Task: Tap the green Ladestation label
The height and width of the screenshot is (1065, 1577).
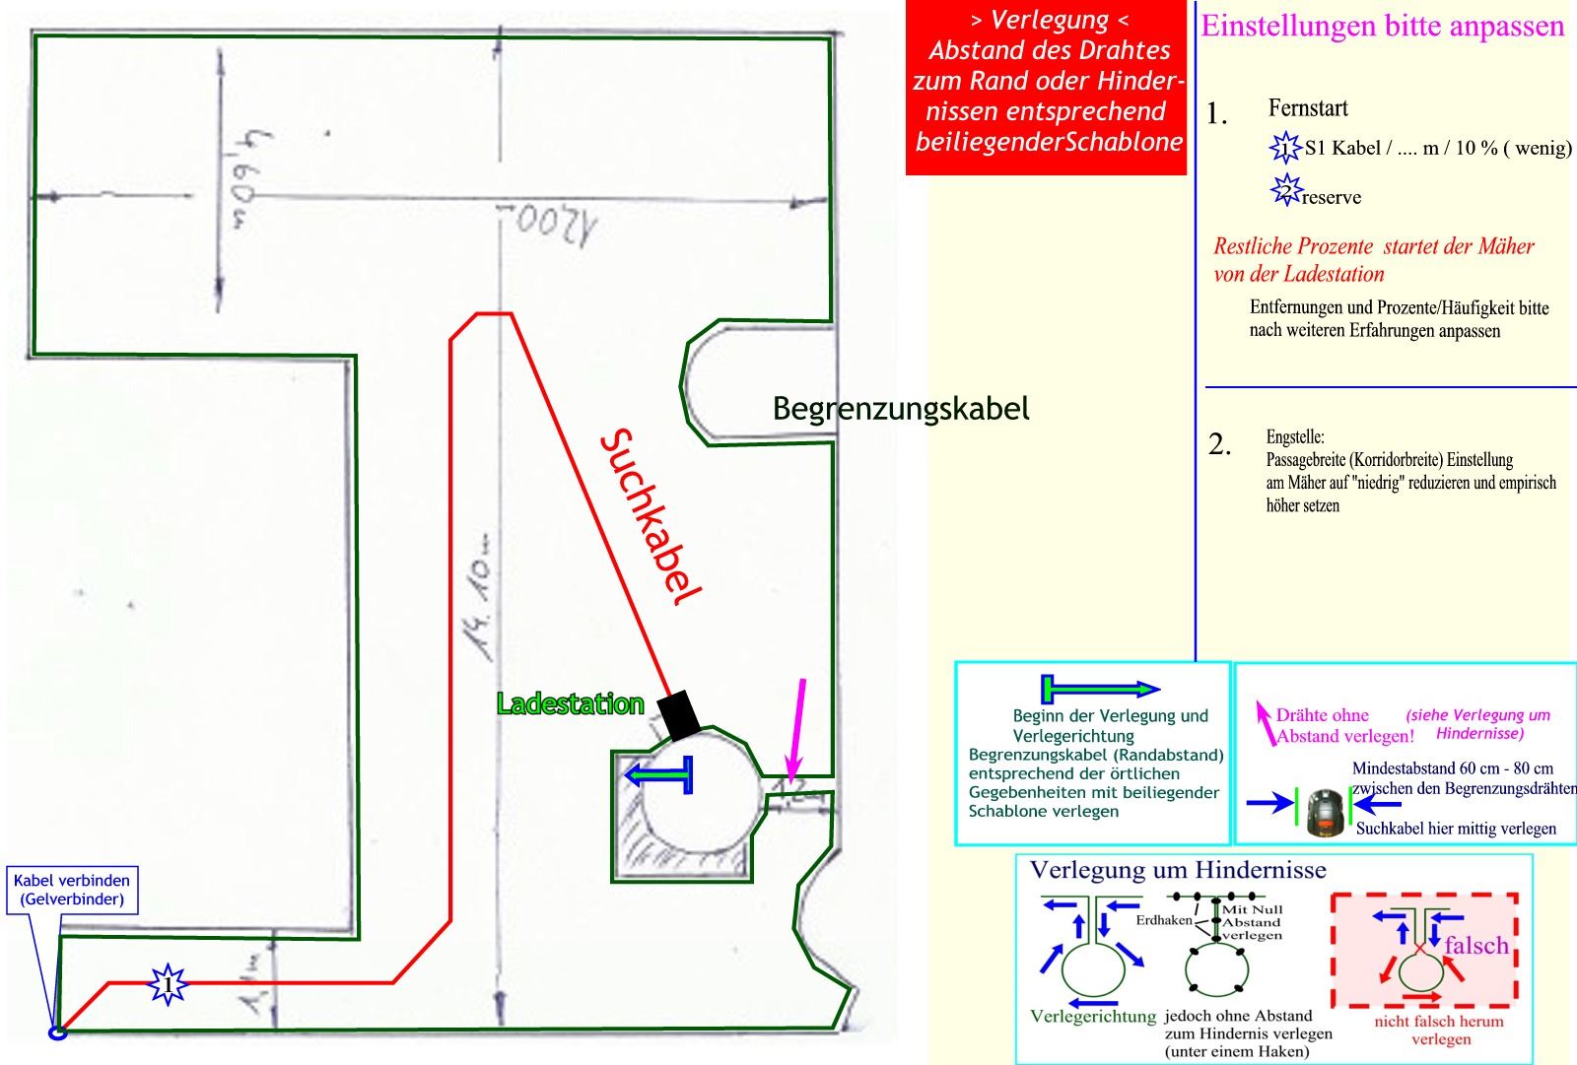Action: [x=570, y=703]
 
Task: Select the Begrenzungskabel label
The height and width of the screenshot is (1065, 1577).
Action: [x=900, y=408]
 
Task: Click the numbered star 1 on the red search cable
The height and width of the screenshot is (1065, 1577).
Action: [x=169, y=983]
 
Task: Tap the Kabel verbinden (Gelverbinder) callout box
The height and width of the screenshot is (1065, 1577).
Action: [x=72, y=890]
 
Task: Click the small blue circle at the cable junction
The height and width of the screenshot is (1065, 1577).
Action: [x=58, y=1032]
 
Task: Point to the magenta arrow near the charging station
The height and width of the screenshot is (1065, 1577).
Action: [x=796, y=729]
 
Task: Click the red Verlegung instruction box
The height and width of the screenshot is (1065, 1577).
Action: [x=1048, y=90]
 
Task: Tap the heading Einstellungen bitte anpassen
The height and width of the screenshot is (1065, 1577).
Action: [x=1382, y=26]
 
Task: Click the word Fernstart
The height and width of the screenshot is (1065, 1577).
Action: [x=1308, y=108]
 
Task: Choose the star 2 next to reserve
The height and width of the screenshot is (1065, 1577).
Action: [x=1285, y=190]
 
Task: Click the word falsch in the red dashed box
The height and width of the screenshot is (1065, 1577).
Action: [x=1476, y=945]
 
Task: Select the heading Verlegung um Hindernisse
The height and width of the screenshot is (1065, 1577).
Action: [x=1178, y=870]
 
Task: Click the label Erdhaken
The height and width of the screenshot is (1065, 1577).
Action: [x=1164, y=920]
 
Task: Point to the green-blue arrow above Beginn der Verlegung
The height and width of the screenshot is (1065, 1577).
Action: [x=1101, y=689]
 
